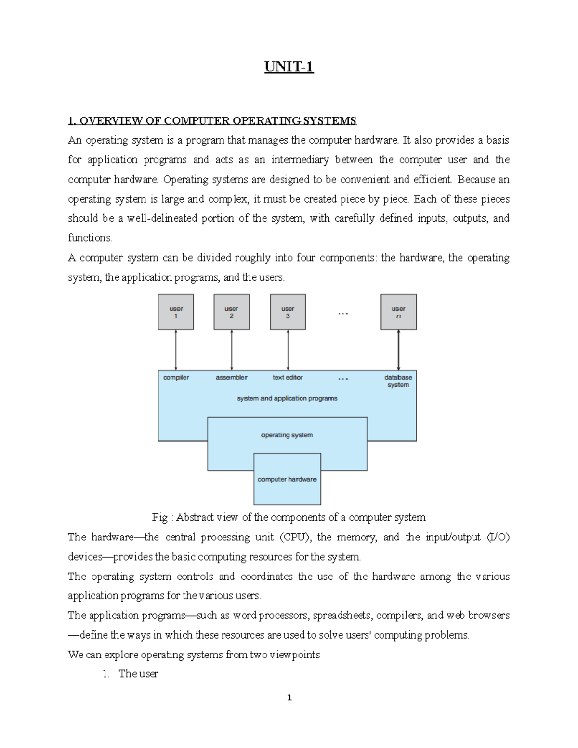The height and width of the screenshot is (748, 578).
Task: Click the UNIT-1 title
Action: (x=289, y=66)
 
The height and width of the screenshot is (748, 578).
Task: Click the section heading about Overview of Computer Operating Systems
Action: (x=212, y=120)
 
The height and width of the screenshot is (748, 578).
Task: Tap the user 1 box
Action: (x=176, y=312)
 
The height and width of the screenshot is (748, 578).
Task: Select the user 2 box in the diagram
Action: (x=232, y=312)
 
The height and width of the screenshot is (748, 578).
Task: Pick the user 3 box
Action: (x=288, y=312)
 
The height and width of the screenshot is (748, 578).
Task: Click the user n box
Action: (x=398, y=312)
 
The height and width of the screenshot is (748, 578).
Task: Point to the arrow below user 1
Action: (x=176, y=350)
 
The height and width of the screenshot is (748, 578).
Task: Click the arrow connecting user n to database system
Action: (x=398, y=350)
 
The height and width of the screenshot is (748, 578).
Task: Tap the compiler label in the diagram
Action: (x=176, y=378)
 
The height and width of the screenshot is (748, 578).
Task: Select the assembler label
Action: (x=232, y=378)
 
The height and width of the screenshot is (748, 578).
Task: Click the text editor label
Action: (x=288, y=378)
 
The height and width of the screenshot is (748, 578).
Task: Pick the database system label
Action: (x=398, y=381)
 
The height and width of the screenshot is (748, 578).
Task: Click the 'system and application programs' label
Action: (x=287, y=398)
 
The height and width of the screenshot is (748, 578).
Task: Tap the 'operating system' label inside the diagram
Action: (x=287, y=435)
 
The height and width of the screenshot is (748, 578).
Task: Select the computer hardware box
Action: (x=287, y=479)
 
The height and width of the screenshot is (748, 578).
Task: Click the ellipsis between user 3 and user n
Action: (x=343, y=314)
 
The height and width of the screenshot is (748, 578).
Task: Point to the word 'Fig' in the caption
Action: (x=159, y=518)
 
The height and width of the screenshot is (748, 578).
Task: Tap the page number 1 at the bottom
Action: (x=289, y=697)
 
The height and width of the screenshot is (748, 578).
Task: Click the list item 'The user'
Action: (x=138, y=674)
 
